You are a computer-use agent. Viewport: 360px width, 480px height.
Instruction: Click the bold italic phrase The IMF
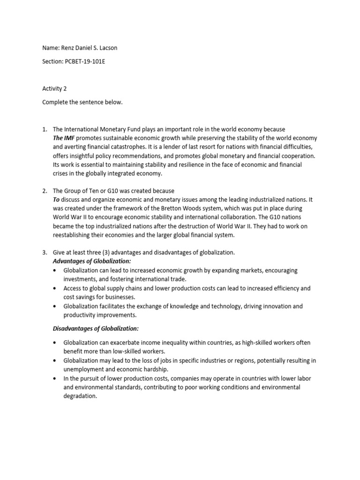(x=63, y=138)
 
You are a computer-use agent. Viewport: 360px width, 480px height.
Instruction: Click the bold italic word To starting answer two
(x=57, y=200)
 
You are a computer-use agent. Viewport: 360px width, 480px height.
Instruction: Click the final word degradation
(x=80, y=396)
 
